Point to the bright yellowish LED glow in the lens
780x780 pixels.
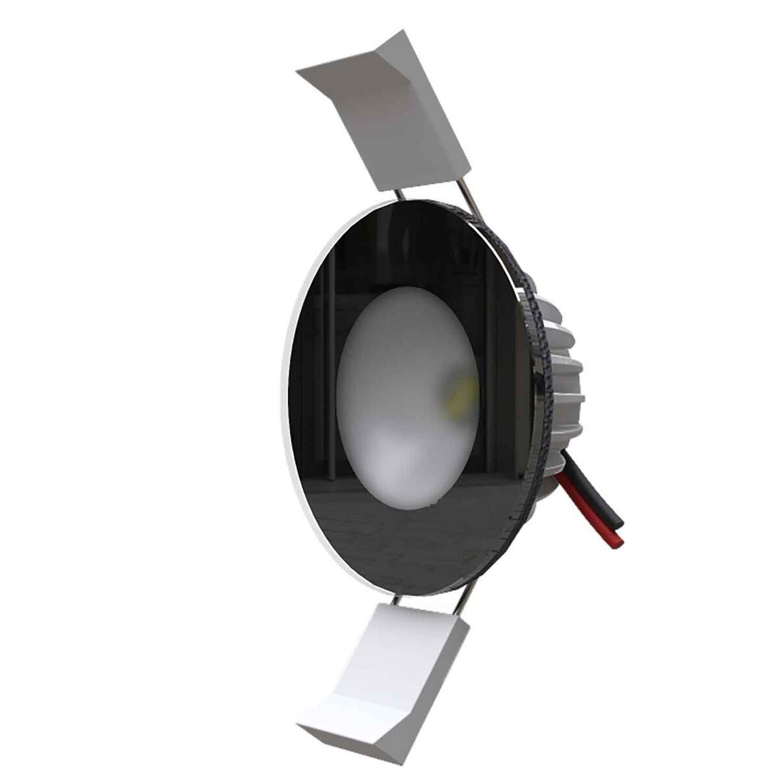click(x=458, y=393)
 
